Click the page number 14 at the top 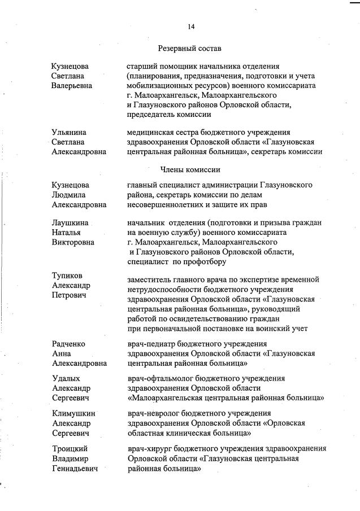(191, 27)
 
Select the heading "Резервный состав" (190, 48)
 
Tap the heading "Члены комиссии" (190, 169)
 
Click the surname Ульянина (70, 132)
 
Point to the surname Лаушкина (70, 223)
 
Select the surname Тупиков (67, 276)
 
